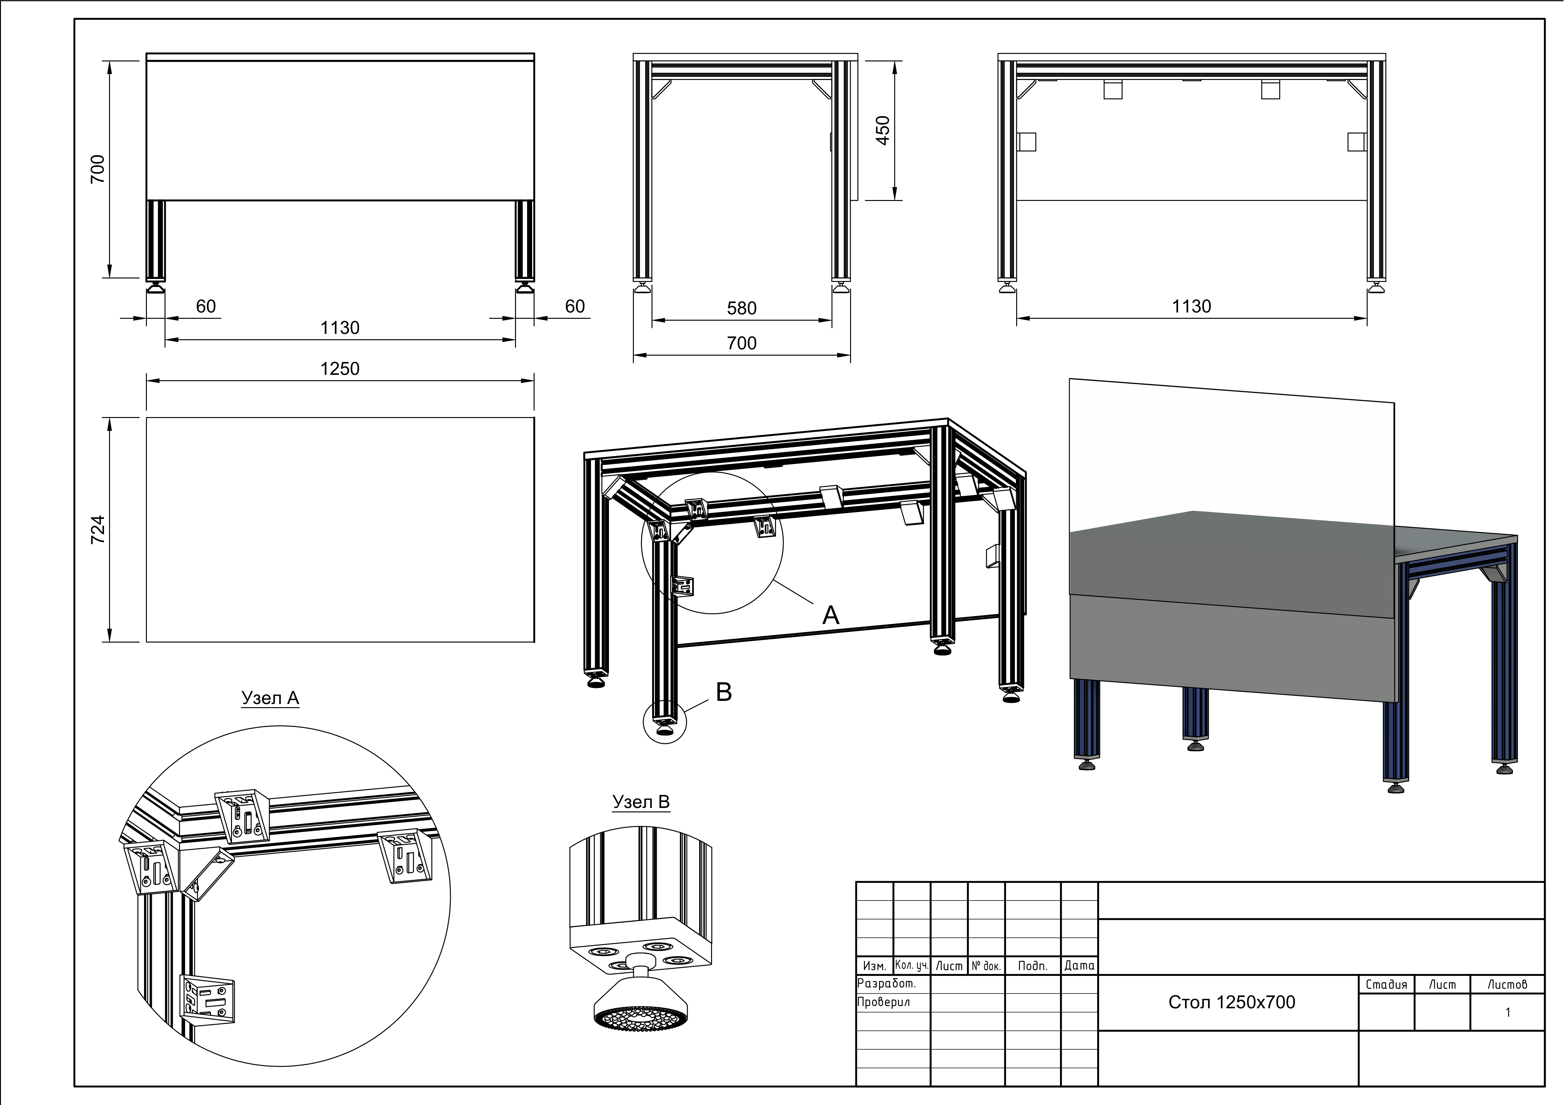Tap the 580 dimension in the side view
point(742,308)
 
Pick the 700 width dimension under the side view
point(742,343)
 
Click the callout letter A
point(830,615)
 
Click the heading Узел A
point(270,699)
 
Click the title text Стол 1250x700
point(1231,1002)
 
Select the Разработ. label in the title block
point(886,984)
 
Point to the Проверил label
point(883,1002)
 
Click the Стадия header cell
point(1386,984)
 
